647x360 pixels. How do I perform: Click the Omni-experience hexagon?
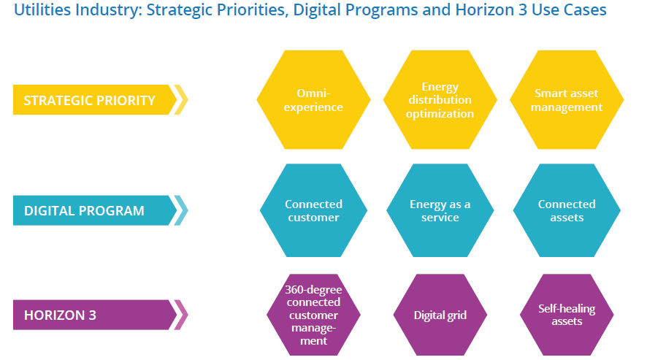[313, 99]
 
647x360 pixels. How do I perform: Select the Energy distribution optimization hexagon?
[440, 99]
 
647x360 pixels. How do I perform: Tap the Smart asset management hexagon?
[567, 99]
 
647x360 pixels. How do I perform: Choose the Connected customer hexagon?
[313, 210]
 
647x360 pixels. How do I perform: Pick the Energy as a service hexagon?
[440, 210]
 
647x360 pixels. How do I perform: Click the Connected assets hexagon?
[567, 210]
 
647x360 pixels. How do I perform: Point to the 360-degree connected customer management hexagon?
[313, 315]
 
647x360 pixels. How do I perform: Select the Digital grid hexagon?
[440, 315]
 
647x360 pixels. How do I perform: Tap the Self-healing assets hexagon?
[567, 315]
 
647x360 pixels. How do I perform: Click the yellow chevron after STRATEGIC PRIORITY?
[182, 99]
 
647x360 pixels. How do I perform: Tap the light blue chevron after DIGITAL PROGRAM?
[182, 210]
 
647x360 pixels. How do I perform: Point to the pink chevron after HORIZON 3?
[182, 315]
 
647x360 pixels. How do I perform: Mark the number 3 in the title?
[523, 9]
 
